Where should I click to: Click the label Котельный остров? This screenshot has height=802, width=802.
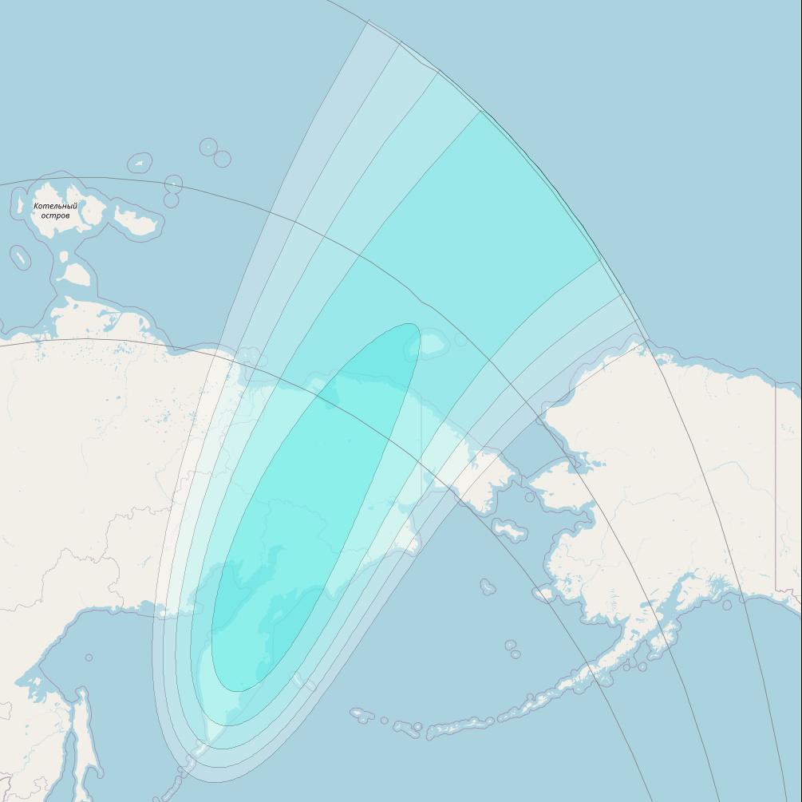pyautogui.click(x=56, y=211)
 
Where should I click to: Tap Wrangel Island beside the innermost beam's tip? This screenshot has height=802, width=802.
pyautogui.click(x=433, y=344)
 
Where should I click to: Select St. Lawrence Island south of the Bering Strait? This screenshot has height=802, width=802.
pyautogui.click(x=509, y=529)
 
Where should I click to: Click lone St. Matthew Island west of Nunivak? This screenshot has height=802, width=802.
pyautogui.click(x=488, y=587)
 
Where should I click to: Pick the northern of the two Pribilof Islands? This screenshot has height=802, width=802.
pyautogui.click(x=510, y=645)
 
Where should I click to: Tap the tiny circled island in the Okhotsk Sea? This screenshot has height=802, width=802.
pyautogui.click(x=89, y=658)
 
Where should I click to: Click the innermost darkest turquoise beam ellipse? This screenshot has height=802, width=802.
pyautogui.click(x=311, y=511)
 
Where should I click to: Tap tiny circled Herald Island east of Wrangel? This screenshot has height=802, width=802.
pyautogui.click(x=460, y=341)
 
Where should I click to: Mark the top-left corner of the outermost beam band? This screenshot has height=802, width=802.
pyautogui.click(x=368, y=22)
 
